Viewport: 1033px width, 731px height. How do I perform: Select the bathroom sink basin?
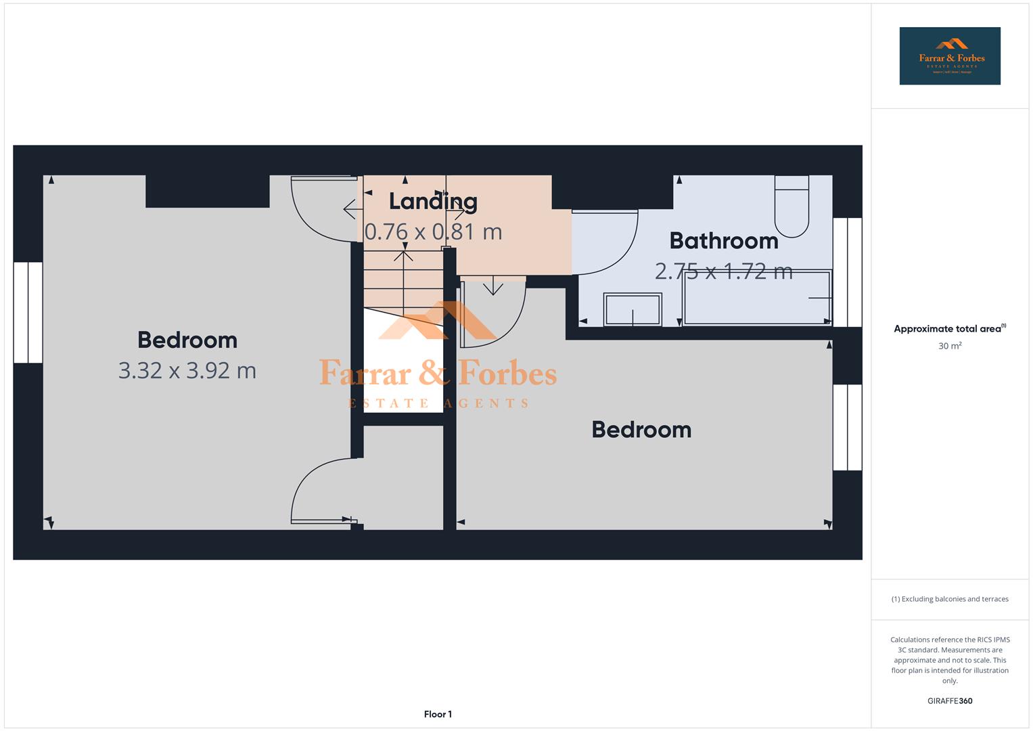point(633,310)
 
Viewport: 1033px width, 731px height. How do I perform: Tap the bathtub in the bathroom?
point(757,298)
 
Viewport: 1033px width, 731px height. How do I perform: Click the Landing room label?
point(433,201)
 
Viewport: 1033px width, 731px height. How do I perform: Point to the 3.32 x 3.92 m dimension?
point(187,370)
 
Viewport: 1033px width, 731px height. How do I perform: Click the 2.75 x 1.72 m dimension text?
point(723,271)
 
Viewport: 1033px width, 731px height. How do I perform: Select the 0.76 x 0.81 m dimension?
point(433,231)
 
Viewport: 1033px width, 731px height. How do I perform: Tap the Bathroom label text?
point(723,241)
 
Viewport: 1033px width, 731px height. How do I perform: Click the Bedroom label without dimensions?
point(641,430)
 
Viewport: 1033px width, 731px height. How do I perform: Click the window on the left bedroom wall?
point(28,313)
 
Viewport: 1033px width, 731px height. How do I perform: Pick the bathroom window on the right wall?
point(847,272)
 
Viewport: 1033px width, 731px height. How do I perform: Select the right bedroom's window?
point(847,428)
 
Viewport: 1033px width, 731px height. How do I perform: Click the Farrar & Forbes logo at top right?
point(949,56)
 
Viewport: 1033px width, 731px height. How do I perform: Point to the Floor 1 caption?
point(438,714)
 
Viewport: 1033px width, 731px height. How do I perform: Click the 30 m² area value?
point(949,346)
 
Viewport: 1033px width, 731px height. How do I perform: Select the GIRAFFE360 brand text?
point(949,701)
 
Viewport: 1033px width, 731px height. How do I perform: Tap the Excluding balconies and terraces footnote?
point(949,599)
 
